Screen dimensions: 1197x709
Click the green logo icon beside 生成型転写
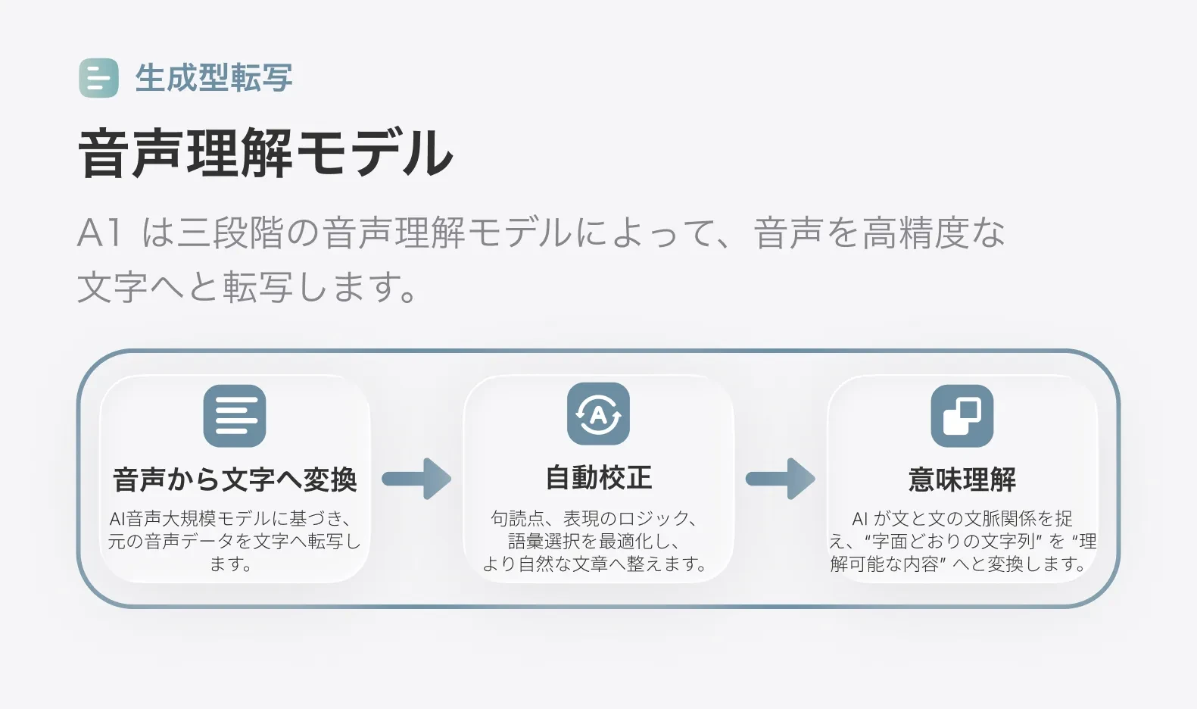pos(98,78)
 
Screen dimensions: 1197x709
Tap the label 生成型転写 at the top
pos(214,78)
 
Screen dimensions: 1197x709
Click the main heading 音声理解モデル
pos(266,154)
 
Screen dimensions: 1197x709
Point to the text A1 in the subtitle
pos(99,233)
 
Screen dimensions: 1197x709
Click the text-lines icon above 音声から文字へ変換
pos(235,416)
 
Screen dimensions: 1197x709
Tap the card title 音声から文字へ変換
pos(235,479)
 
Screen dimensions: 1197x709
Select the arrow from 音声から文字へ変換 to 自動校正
pos(416,479)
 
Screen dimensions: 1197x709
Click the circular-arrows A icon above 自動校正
pos(598,414)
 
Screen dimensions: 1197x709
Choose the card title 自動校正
pos(598,478)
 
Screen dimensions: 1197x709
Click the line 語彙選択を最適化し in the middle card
pos(594,542)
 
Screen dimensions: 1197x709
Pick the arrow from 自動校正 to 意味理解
pos(780,479)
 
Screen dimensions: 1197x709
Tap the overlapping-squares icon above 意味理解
pos(962,416)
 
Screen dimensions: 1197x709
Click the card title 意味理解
pos(962,479)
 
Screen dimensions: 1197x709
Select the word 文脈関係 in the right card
pos(999,519)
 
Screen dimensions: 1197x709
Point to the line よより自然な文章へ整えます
pos(594,564)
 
